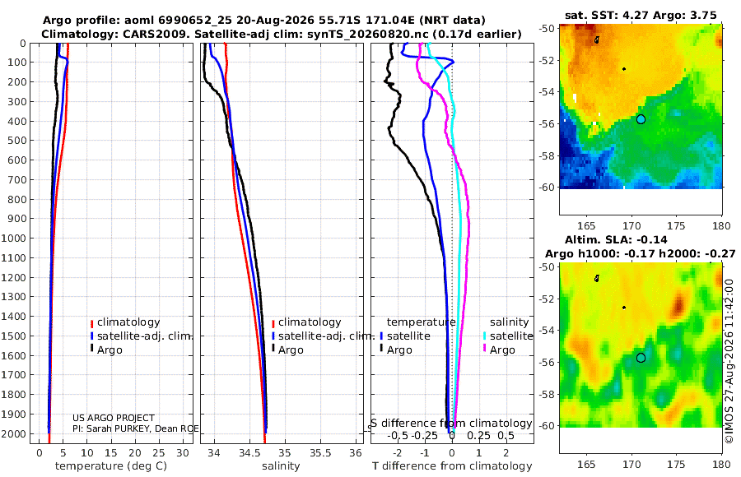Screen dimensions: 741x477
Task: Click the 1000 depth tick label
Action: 13,238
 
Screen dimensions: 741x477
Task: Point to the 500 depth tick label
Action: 16,141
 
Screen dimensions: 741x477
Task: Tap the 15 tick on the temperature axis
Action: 110,453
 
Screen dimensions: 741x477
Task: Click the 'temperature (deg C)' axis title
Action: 111,466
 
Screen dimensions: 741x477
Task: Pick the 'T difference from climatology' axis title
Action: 452,466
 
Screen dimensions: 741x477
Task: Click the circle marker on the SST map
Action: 641,119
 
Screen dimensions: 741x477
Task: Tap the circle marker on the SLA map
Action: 641,358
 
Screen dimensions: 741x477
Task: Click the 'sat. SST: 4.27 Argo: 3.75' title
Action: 641,15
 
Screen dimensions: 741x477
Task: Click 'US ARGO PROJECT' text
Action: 114,418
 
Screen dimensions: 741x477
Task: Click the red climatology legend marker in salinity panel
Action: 273,323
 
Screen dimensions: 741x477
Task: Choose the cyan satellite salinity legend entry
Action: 507,336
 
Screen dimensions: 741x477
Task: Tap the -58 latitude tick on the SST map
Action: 548,155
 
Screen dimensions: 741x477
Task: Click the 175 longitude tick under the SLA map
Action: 676,464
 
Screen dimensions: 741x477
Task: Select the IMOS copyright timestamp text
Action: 729,361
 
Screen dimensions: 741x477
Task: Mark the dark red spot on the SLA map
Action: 679,304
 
